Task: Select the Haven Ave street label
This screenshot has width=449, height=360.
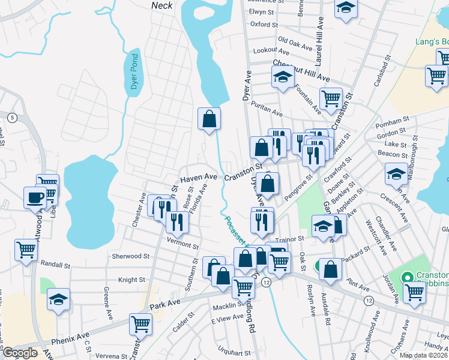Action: (x=198, y=178)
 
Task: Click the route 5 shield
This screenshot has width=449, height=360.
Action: (x=13, y=117)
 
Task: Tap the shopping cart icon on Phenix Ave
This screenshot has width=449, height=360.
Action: (x=140, y=324)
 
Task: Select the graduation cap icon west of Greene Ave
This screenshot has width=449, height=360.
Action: (x=58, y=299)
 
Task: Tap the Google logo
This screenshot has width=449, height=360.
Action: (x=20, y=353)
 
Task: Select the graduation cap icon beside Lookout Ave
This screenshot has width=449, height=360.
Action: (x=283, y=77)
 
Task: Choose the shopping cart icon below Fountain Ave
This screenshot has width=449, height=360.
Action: (x=330, y=98)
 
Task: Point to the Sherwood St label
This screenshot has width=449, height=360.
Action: (x=130, y=256)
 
